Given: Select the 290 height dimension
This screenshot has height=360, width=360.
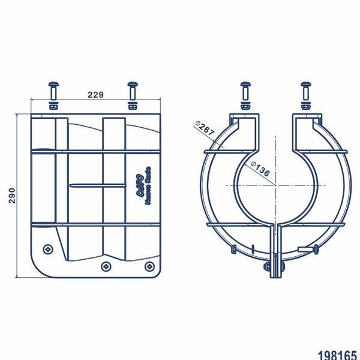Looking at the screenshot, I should (x=11, y=196).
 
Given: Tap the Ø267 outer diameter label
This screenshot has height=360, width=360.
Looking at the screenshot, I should (x=205, y=128).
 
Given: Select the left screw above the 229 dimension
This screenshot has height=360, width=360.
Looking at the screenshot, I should (x=53, y=92).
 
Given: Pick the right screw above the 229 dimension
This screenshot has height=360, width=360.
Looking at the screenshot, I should (x=133, y=91).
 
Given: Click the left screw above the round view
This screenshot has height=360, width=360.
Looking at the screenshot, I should (x=245, y=91).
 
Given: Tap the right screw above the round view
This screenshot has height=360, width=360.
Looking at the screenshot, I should (x=305, y=91).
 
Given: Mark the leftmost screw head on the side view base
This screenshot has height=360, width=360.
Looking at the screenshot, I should (x=48, y=248).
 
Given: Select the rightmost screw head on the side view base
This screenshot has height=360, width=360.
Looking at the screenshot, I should (x=149, y=266).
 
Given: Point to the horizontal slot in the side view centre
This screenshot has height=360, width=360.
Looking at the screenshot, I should (x=97, y=186).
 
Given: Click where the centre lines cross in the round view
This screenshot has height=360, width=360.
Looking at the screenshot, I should (x=275, y=186).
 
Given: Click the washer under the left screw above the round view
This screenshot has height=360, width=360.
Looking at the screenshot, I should (x=245, y=105).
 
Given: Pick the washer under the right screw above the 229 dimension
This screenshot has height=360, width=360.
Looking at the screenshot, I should (x=133, y=105).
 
